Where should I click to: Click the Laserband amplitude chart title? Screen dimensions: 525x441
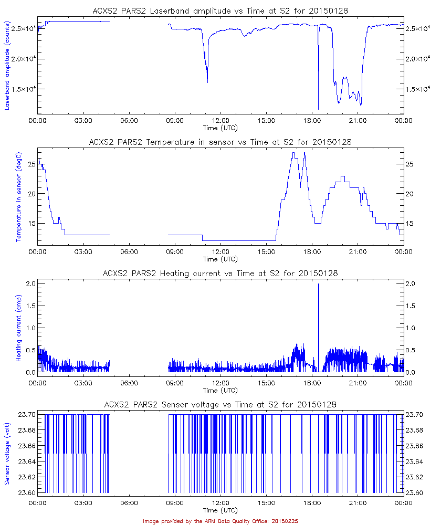tap(220, 10)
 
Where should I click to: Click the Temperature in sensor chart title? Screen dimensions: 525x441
tap(220, 142)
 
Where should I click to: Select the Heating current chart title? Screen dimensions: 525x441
tap(220, 273)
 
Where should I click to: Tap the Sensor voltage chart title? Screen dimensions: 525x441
tap(220, 404)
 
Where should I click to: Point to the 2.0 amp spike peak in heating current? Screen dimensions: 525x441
tap(319, 284)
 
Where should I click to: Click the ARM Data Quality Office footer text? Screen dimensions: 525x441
tap(220, 521)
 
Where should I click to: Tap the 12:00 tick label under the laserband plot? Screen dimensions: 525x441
tap(220, 120)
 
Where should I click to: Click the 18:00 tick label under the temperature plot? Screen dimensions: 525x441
tap(312, 251)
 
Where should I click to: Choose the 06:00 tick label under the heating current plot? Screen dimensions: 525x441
tap(129, 383)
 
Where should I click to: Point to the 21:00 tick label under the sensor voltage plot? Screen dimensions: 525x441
tap(358, 502)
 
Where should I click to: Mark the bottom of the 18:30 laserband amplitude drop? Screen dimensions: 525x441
tap(319, 109)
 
